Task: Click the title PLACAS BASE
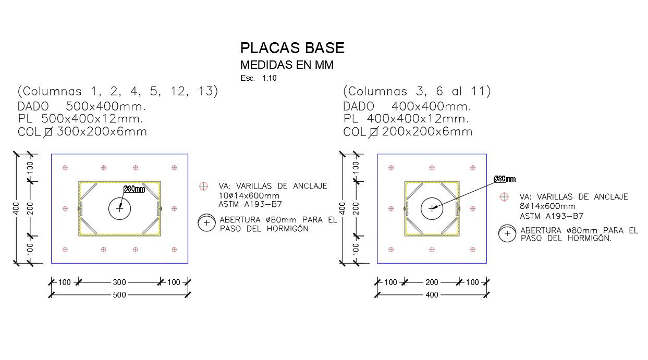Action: click(x=292, y=48)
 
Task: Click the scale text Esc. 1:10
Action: click(x=259, y=78)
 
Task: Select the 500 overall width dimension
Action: click(x=119, y=295)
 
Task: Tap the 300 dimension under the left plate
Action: click(x=119, y=282)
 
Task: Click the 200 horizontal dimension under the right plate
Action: click(x=432, y=282)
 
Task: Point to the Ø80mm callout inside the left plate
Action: click(x=134, y=189)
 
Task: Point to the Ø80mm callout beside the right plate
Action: click(x=504, y=179)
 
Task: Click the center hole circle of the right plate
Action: click(x=432, y=208)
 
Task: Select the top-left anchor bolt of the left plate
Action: click(x=65, y=168)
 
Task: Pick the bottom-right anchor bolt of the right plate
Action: click(x=473, y=250)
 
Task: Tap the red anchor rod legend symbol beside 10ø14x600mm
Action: click(x=204, y=186)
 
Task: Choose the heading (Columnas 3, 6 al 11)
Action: click(x=417, y=92)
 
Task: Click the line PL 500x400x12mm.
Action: click(x=80, y=119)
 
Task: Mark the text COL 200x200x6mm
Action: click(x=408, y=132)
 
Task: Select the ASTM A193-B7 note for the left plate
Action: click(x=250, y=204)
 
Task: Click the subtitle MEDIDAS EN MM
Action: click(x=286, y=65)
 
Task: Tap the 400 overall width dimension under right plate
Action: click(x=432, y=295)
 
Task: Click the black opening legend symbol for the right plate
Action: click(x=506, y=234)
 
